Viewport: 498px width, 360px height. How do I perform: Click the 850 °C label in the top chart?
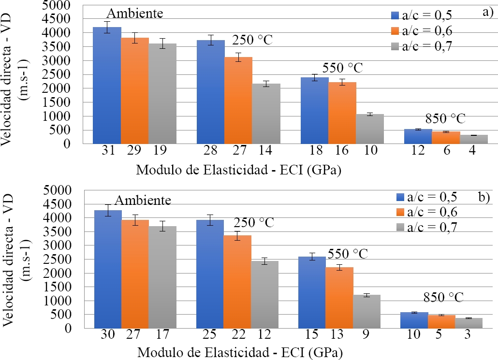(445, 119)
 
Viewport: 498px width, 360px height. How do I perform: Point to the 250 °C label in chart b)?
(254, 223)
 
